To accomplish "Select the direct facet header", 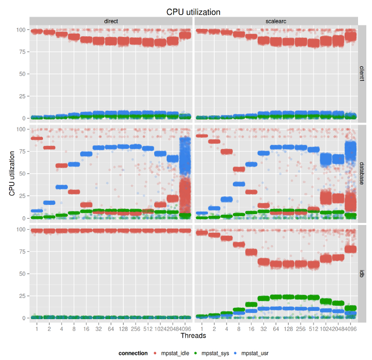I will [x=111, y=21].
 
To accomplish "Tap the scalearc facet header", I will [x=276, y=21].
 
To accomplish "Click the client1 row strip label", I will [x=363, y=73].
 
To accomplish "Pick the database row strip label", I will [x=363, y=174].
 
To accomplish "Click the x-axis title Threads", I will [x=193, y=336].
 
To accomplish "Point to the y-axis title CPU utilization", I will [x=12, y=174].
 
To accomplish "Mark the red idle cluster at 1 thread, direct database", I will [x=37, y=138].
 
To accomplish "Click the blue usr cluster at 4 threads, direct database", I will [x=62, y=187].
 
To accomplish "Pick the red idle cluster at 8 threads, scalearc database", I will [x=239, y=169].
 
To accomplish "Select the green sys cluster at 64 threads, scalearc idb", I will [x=276, y=297].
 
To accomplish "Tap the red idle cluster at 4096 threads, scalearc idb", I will [x=351, y=249].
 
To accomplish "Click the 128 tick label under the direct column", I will [x=123, y=327].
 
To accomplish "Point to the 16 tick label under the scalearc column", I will [x=251, y=327].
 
